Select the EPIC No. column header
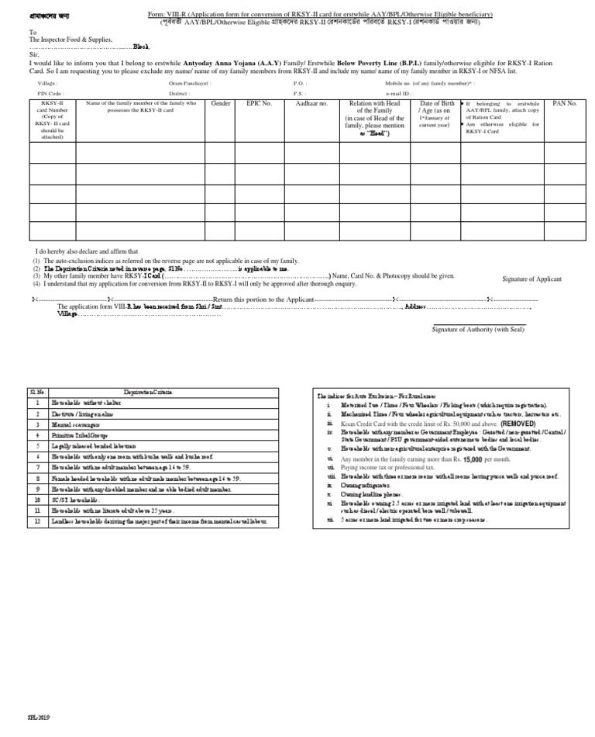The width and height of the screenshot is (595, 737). [259, 103]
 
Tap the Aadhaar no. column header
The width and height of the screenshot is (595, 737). [312, 103]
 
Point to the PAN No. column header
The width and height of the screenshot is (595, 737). [565, 103]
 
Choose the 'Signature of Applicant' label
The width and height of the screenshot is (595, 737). [531, 279]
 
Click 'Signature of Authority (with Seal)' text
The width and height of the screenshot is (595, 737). [478, 329]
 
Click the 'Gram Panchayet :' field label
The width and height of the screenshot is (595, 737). [188, 82]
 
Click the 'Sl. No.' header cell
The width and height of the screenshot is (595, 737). [37, 393]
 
